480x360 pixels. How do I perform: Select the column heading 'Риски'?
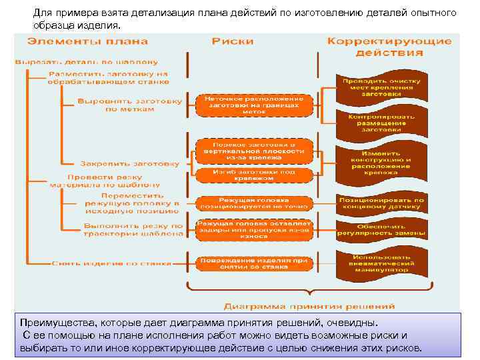(233, 41)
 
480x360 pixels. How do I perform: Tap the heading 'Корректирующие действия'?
(389, 47)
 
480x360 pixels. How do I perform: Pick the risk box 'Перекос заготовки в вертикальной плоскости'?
(253, 151)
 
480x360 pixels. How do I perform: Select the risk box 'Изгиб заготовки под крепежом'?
(253, 175)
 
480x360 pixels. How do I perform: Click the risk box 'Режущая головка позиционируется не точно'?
(253, 203)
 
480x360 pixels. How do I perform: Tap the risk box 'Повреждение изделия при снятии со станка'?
(253, 263)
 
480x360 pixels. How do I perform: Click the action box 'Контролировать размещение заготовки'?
(381, 123)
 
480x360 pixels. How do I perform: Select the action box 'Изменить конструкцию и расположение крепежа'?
(381, 162)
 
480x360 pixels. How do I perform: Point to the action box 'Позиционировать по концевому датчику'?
(381, 203)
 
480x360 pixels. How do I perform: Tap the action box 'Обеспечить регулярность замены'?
(381, 231)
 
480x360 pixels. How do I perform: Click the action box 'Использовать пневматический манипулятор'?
(381, 264)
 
